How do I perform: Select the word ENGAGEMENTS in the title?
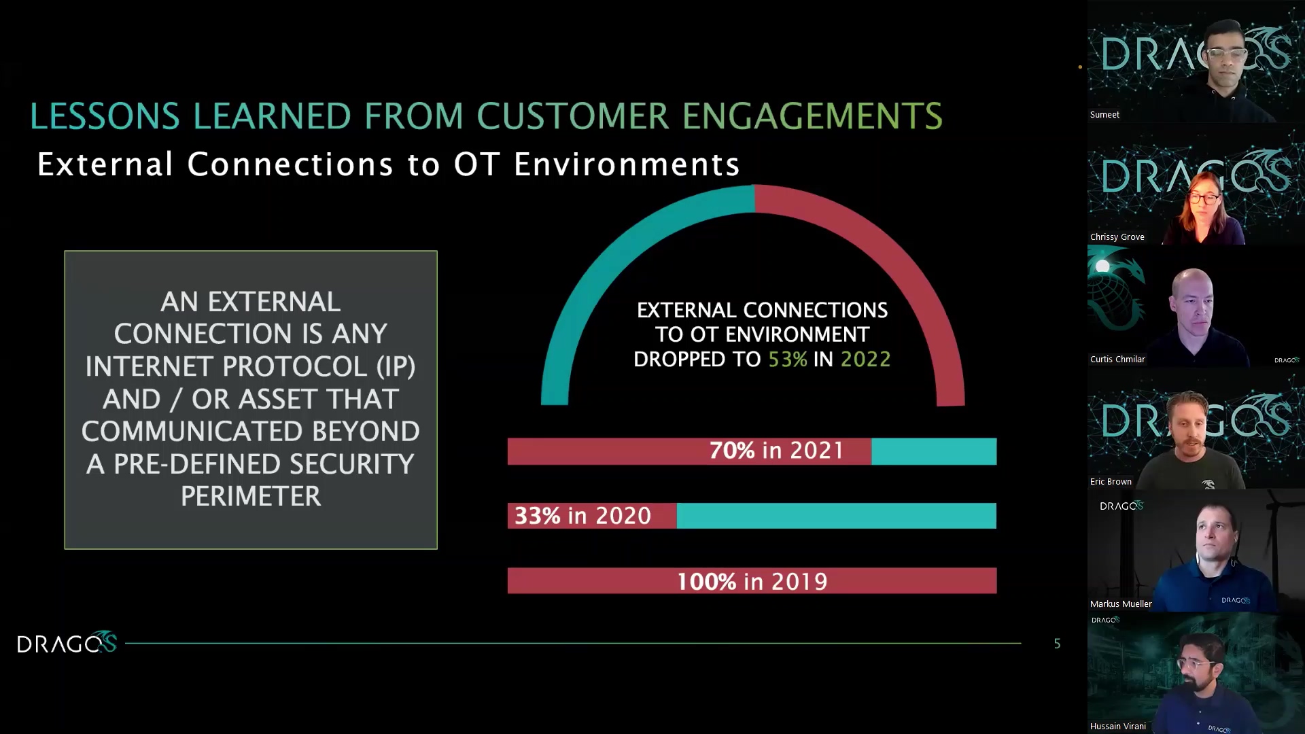click(x=812, y=116)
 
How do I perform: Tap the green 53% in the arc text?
click(x=788, y=360)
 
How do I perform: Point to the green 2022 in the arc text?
click(x=865, y=360)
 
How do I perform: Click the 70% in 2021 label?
click(x=776, y=451)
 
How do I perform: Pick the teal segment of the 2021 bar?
click(x=934, y=451)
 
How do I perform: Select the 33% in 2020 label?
click(x=582, y=516)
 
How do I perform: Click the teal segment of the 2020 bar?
click(x=836, y=516)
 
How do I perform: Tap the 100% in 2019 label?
click(x=752, y=582)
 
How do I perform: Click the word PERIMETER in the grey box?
click(x=251, y=497)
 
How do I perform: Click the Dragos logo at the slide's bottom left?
click(x=67, y=643)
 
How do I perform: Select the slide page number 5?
click(x=1057, y=644)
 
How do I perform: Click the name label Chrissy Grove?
click(x=1117, y=237)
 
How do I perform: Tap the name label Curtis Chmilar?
click(x=1117, y=360)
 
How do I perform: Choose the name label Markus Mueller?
click(x=1121, y=604)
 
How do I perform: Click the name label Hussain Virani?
click(x=1117, y=727)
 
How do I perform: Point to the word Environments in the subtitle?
click(x=626, y=165)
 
